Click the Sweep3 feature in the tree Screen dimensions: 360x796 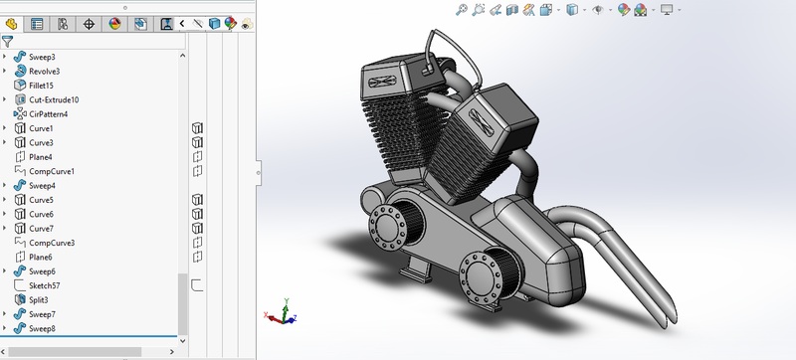click(x=42, y=58)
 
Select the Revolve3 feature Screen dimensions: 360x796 click(x=44, y=72)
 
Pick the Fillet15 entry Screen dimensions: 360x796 click(x=40, y=86)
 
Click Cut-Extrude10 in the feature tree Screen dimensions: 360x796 click(x=54, y=99)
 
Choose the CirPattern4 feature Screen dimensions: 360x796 click(x=48, y=114)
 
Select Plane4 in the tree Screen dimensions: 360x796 click(x=40, y=157)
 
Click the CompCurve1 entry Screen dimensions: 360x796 click(x=52, y=171)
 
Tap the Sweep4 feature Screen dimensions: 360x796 click(x=42, y=186)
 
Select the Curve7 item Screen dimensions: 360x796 click(x=41, y=229)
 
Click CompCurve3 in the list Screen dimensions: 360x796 click(x=52, y=243)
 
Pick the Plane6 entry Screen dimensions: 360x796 click(x=40, y=257)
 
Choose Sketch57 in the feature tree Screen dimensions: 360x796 click(x=44, y=285)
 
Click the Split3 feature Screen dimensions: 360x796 click(x=38, y=299)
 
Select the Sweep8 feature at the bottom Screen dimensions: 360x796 click(x=42, y=328)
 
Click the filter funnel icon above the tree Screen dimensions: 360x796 click(x=8, y=42)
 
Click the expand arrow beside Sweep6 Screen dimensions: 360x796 click(x=5, y=271)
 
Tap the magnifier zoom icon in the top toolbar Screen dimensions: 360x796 click(x=462, y=10)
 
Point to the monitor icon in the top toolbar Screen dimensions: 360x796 click(x=667, y=10)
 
